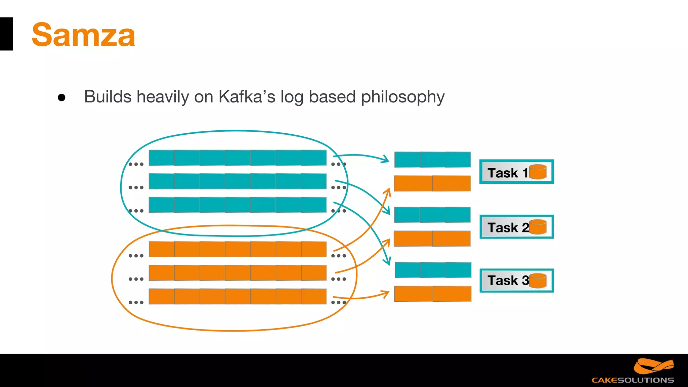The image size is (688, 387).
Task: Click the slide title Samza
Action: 83,35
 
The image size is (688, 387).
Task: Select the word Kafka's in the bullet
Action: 247,97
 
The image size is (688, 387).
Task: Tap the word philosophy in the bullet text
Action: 402,97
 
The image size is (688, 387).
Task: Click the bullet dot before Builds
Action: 61,97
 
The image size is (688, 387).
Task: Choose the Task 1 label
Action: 507,173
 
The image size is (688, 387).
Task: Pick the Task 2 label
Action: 508,227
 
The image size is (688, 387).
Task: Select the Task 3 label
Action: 508,280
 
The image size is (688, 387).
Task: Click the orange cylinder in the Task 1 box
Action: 538,172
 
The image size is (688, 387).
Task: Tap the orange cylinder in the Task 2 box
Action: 538,227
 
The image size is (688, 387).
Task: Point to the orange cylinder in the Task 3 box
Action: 538,281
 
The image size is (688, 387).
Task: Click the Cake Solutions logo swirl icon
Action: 653,366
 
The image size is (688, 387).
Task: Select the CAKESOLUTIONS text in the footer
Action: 633,380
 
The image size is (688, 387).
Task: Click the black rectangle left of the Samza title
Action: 6,34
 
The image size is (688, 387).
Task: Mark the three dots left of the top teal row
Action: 136,164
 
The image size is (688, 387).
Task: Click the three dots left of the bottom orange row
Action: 136,302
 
